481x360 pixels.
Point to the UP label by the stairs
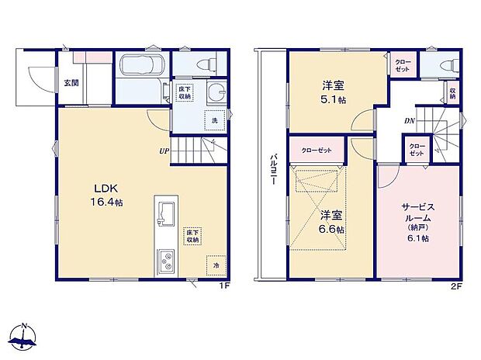pyautogui.click(x=164, y=151)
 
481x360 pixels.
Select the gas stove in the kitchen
pyautogui.click(x=167, y=261)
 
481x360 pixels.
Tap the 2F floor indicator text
pyautogui.click(x=458, y=287)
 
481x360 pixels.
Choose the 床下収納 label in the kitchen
pyautogui.click(x=192, y=235)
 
